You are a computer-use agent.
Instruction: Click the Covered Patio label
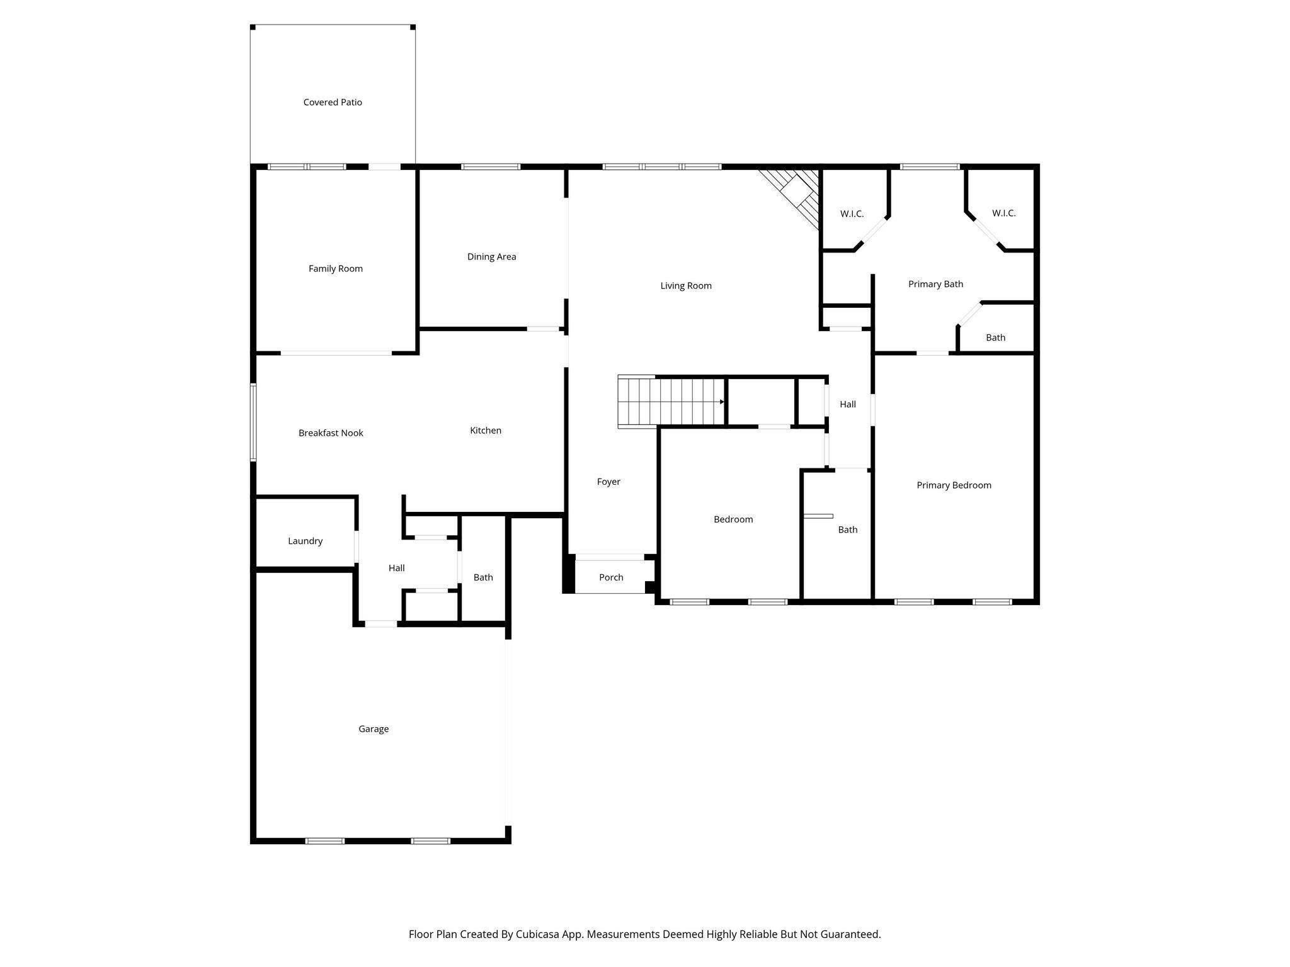pyautogui.click(x=333, y=102)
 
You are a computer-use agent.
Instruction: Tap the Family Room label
pyautogui.click(x=335, y=268)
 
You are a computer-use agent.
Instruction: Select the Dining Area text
pyautogui.click(x=491, y=256)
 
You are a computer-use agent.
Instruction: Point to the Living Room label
pyautogui.click(x=685, y=285)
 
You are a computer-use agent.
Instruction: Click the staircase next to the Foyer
pyautogui.click(x=671, y=402)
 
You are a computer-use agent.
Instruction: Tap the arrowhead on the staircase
pyautogui.click(x=722, y=402)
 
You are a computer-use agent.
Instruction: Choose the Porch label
pyautogui.click(x=610, y=577)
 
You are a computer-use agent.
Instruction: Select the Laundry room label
pyautogui.click(x=305, y=541)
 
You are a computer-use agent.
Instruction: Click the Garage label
pyautogui.click(x=374, y=728)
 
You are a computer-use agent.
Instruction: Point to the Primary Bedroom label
pyautogui.click(x=953, y=485)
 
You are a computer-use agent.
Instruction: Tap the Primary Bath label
pyautogui.click(x=935, y=284)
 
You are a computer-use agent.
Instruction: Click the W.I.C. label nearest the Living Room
pyautogui.click(x=852, y=214)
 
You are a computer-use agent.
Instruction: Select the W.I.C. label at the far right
pyautogui.click(x=1003, y=213)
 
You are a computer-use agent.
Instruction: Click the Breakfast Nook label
pyautogui.click(x=331, y=433)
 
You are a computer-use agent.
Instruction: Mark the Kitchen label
pyautogui.click(x=485, y=430)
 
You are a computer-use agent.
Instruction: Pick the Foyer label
pyautogui.click(x=608, y=482)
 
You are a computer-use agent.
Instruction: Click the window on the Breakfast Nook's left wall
pyautogui.click(x=253, y=422)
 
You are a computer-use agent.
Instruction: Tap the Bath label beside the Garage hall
pyautogui.click(x=483, y=577)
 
